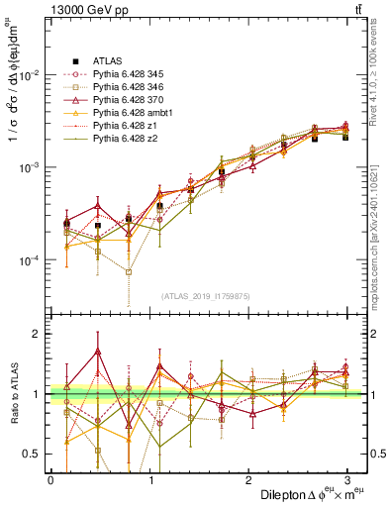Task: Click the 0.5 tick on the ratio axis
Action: pyautogui.click(x=32, y=455)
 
